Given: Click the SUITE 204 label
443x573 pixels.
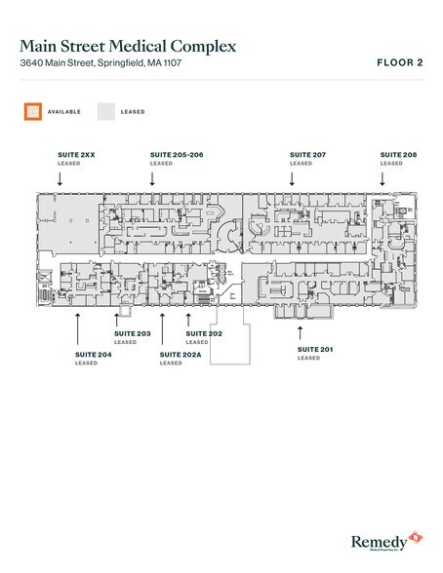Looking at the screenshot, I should [x=93, y=355].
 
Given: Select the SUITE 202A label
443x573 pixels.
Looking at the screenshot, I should [x=179, y=355].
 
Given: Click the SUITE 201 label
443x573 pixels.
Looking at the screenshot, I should [x=314, y=349].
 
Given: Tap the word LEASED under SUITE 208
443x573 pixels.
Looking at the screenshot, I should [x=390, y=164].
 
